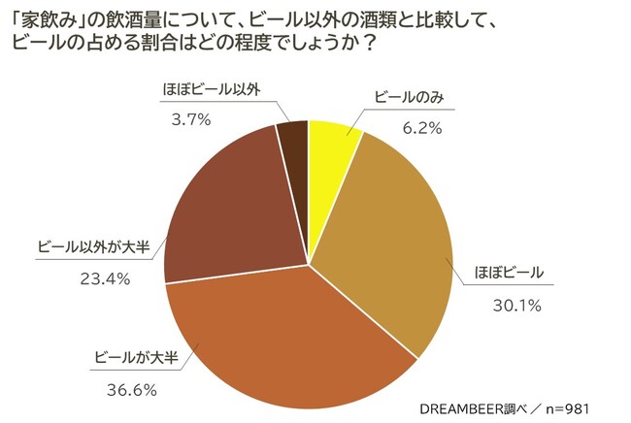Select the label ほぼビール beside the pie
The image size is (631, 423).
pos(511,272)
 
